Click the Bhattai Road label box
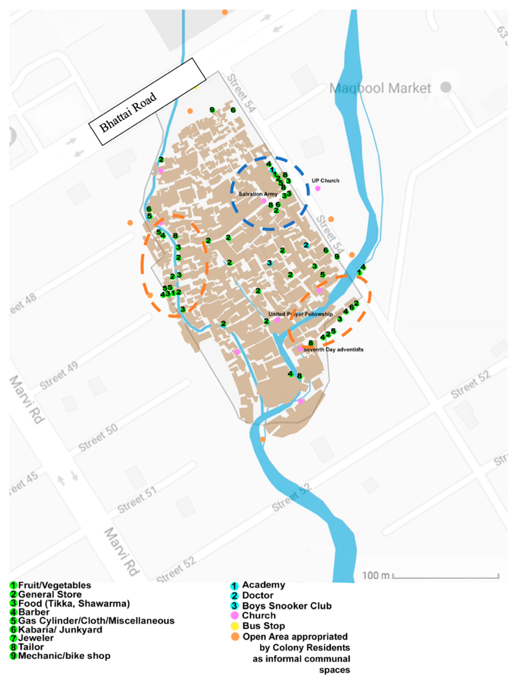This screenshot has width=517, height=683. click(147, 102)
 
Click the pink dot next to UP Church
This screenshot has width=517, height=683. click(318, 188)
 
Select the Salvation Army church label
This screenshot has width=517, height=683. click(258, 194)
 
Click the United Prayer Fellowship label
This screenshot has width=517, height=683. click(300, 314)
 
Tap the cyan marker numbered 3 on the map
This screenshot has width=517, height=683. click(269, 263)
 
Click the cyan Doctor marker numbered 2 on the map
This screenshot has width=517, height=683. click(306, 245)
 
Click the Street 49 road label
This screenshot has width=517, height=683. click(59, 376)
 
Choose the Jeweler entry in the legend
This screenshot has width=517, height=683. click(36, 638)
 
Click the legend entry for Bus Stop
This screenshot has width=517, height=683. click(263, 626)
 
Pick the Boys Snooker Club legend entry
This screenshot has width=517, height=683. click(286, 606)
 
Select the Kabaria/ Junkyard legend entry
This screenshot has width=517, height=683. click(60, 630)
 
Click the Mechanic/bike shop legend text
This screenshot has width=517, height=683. click(64, 656)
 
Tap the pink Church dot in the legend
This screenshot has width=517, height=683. click(235, 615)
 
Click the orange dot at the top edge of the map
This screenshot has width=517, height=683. click(225, 12)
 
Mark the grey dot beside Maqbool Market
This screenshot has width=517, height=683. click(446, 87)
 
